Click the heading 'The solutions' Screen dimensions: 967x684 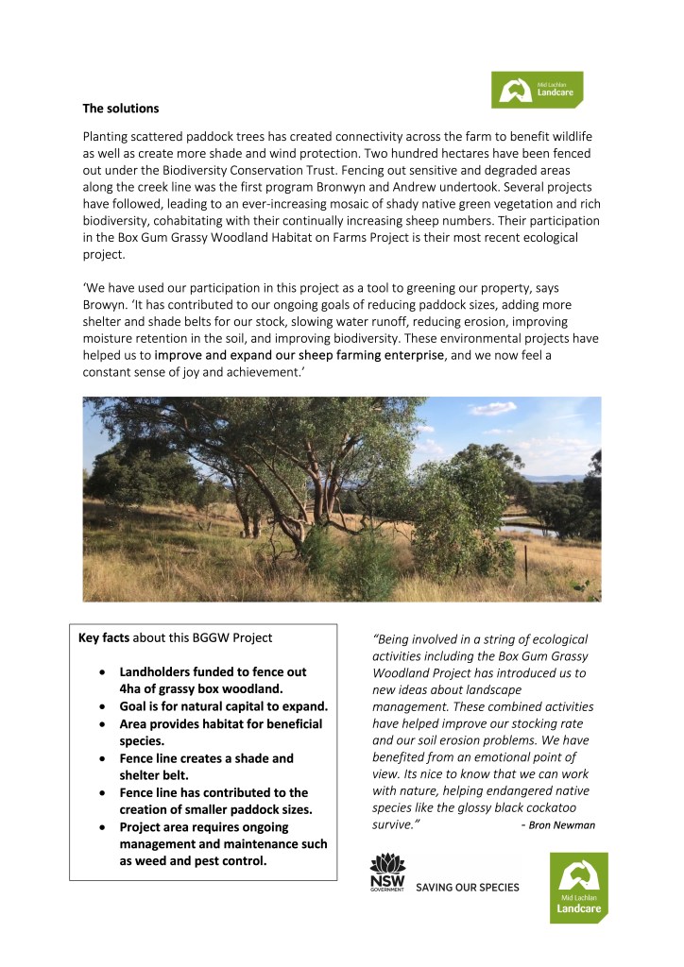[121, 109]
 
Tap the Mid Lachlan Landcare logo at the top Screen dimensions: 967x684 [537, 90]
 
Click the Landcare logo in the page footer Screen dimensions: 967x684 [578, 888]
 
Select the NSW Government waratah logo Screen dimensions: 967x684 [387, 873]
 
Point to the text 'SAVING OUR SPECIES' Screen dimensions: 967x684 [468, 888]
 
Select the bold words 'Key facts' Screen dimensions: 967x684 [103, 638]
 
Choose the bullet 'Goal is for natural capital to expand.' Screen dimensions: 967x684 [223, 706]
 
